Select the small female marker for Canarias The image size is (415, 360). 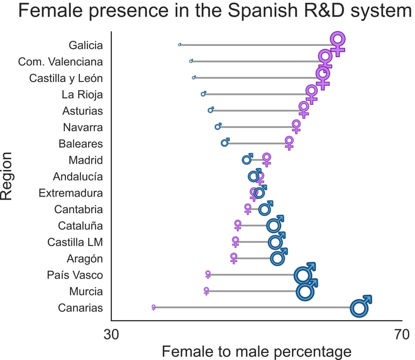click(153, 307)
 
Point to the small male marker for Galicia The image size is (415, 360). click(179, 45)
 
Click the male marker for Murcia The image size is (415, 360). click(305, 291)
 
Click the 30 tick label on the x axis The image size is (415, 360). click(111, 335)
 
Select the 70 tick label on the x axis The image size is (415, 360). click(401, 335)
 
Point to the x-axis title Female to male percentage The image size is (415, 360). click(256, 352)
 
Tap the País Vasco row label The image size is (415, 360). click(75, 275)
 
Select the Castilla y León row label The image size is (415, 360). click(66, 78)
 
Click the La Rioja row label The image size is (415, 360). click(82, 95)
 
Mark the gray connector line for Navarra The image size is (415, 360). click(257, 127)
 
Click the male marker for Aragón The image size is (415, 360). click(278, 258)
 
